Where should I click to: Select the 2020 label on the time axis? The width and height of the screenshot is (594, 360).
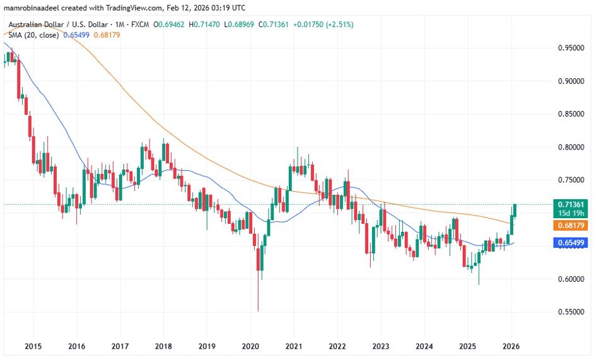pos(250,346)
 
